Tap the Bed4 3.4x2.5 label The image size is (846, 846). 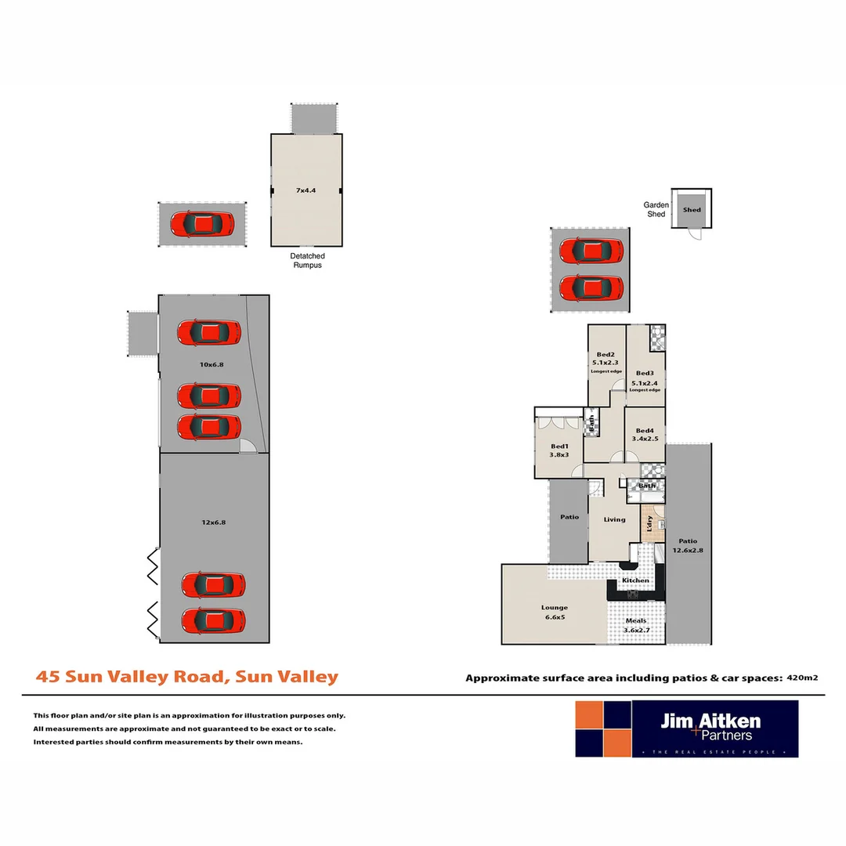coord(645,436)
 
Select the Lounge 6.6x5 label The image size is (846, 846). coord(554,612)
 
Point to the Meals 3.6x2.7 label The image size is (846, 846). coord(635,625)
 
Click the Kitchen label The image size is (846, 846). coord(635,580)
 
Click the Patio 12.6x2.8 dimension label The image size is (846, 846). coord(687,545)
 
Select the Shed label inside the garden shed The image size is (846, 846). coord(692,210)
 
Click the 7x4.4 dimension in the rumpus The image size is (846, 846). coord(306,190)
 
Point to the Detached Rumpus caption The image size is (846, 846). coord(307,260)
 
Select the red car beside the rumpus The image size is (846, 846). coord(202,225)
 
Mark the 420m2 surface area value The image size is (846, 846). coord(802,678)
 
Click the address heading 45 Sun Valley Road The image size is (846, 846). coord(187,677)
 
